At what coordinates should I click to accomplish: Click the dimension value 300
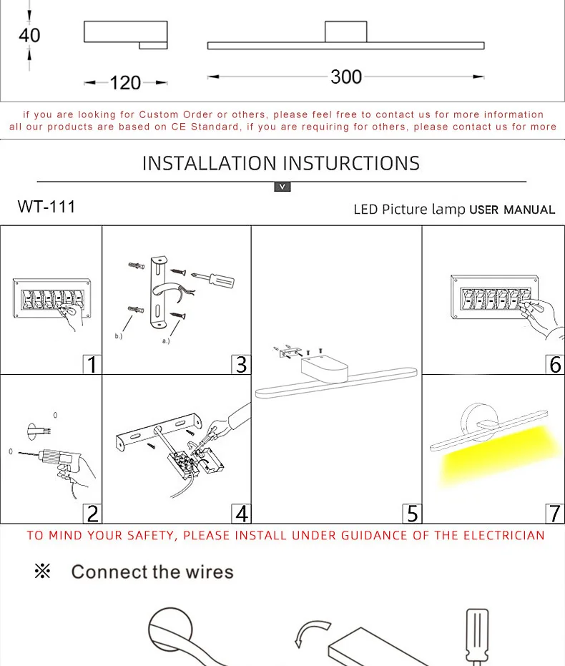[x=346, y=77]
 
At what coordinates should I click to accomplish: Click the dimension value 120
[x=125, y=83]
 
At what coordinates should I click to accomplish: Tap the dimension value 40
[x=29, y=34]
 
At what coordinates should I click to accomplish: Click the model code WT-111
[x=46, y=207]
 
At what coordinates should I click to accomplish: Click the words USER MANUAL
[x=512, y=210]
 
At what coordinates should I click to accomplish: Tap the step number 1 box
[x=92, y=364]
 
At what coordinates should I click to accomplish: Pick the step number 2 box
[x=92, y=513]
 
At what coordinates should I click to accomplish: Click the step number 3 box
[x=242, y=364]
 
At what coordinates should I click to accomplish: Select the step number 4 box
[x=242, y=513]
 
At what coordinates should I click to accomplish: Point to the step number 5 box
[x=412, y=513]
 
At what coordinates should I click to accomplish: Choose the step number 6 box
[x=556, y=364]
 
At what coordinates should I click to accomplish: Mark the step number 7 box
[x=556, y=513]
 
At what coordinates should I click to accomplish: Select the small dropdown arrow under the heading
[x=282, y=187]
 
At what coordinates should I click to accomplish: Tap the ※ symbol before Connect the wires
[x=42, y=572]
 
